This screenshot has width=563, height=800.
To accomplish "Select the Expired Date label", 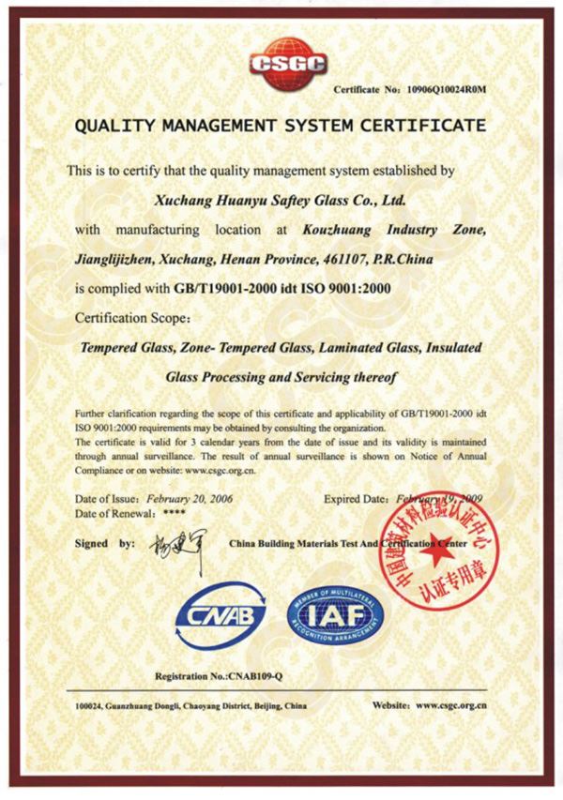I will (x=356, y=499).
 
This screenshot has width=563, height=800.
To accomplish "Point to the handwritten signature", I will (x=173, y=544).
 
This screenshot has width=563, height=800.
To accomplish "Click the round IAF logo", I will (x=335, y=617).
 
